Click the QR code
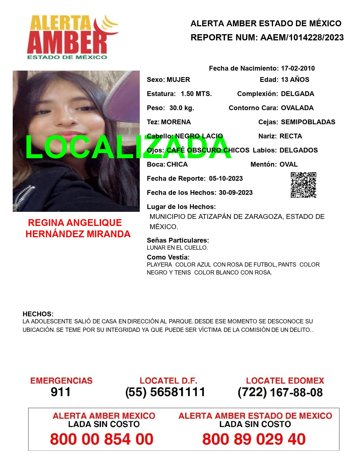pyautogui.click(x=303, y=185)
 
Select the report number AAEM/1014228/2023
pyautogui.click(x=302, y=38)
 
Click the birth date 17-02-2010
pyautogui.click(x=298, y=68)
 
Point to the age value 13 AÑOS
pyautogui.click(x=295, y=80)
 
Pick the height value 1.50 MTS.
pyautogui.click(x=196, y=94)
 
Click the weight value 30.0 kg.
pyautogui.click(x=182, y=108)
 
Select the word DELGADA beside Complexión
pyautogui.click(x=297, y=94)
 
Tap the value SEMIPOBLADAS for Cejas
pyautogui.click(x=308, y=122)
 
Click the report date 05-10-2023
pyautogui.click(x=226, y=178)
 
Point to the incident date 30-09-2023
pyautogui.click(x=235, y=193)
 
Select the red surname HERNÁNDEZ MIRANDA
pyautogui.click(x=78, y=234)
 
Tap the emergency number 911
pyautogui.click(x=60, y=392)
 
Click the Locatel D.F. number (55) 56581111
pyautogui.click(x=165, y=392)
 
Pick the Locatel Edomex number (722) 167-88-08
pyautogui.click(x=280, y=392)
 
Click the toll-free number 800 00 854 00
pyautogui.click(x=102, y=439)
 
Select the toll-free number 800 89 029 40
pyautogui.click(x=254, y=439)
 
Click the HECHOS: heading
pyautogui.click(x=38, y=314)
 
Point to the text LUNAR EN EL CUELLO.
pyautogui.click(x=177, y=248)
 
